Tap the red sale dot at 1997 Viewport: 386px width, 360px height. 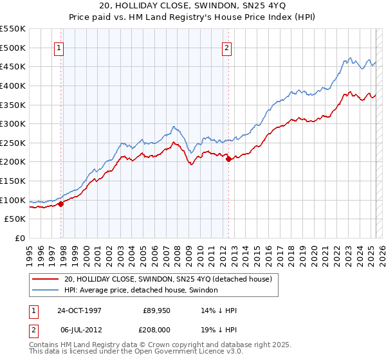61,204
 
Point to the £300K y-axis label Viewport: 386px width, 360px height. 13,123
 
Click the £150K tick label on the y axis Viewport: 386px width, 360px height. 13,181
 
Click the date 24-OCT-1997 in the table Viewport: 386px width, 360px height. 80,309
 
